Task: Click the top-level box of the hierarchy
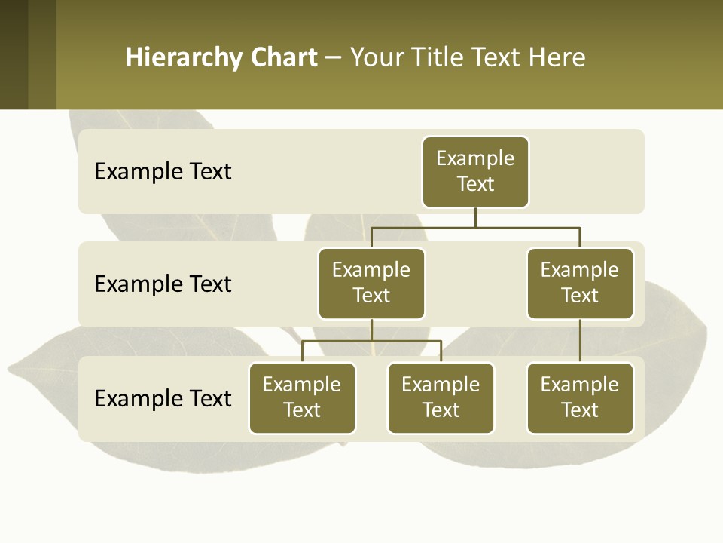tap(475, 172)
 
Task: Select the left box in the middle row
tap(371, 284)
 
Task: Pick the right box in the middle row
tap(580, 284)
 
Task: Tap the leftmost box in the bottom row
tap(302, 398)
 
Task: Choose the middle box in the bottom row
tap(441, 398)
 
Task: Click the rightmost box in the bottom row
tap(580, 398)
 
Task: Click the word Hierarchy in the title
tap(181, 58)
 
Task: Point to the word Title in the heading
tap(435, 58)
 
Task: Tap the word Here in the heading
tap(557, 58)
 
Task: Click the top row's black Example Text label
tap(163, 172)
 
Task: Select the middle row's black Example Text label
tap(163, 284)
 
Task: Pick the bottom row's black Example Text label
tap(163, 398)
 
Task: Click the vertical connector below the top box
tap(475, 217)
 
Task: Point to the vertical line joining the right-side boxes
tap(580, 341)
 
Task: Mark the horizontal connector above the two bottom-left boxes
tap(371, 341)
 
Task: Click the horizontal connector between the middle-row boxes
tap(475, 227)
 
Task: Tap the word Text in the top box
tap(475, 184)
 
